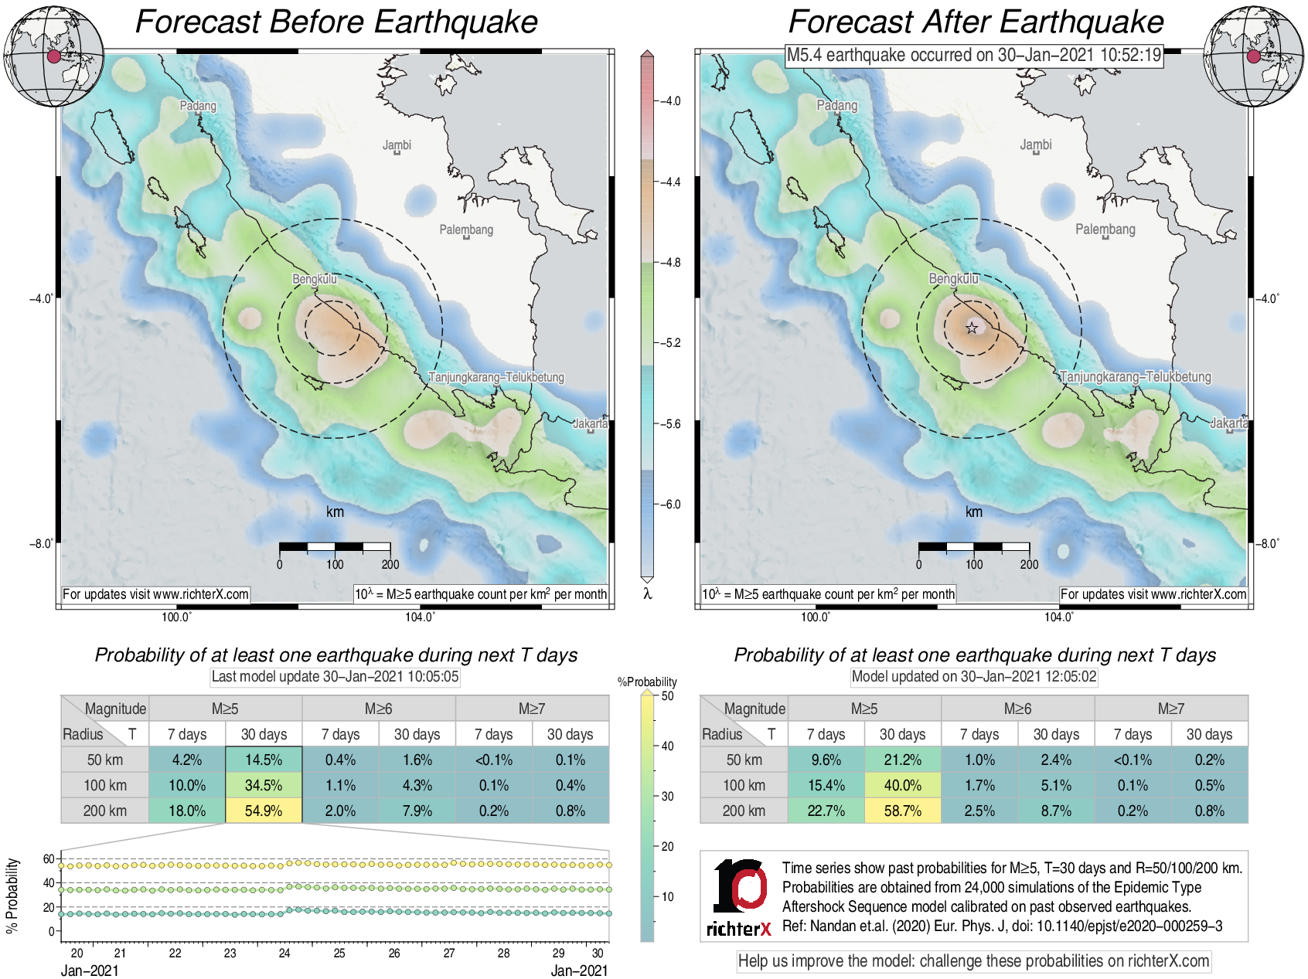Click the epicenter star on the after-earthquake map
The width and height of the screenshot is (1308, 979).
tap(972, 328)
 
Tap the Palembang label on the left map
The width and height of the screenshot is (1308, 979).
tap(466, 229)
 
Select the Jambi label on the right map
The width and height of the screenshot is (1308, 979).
tap(1036, 144)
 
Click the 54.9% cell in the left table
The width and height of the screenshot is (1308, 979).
tap(264, 811)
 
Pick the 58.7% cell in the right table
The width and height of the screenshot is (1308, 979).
tap(902, 811)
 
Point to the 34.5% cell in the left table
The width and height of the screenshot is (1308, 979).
tap(264, 785)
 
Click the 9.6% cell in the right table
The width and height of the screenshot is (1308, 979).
tap(826, 760)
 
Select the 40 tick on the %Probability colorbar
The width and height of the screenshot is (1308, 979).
tap(667, 746)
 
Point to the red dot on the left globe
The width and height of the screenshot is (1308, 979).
tap(53, 56)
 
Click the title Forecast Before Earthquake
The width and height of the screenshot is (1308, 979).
tap(336, 22)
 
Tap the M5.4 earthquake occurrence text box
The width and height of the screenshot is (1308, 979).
tap(974, 55)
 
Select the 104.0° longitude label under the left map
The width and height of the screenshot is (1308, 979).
tap(420, 617)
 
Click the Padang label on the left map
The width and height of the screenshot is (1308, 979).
tap(198, 105)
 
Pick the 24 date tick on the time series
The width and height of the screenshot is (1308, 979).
tap(284, 953)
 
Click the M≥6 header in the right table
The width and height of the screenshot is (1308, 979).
tap(1017, 709)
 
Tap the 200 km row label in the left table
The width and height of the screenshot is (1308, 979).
tap(105, 811)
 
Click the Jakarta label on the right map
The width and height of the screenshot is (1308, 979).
tap(1228, 423)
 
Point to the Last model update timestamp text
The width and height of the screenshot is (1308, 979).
tap(336, 677)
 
